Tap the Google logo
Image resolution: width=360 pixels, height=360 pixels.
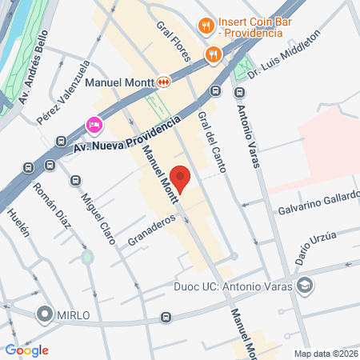tap(26, 350)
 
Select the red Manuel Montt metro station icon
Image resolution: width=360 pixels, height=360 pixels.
tap(163, 81)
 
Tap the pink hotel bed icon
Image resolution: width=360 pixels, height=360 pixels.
tap(94, 126)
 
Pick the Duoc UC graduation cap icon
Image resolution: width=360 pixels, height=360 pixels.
tap(305, 286)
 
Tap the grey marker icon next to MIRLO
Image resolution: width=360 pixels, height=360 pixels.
tap(45, 315)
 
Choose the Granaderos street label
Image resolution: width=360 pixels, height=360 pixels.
tap(151, 230)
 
